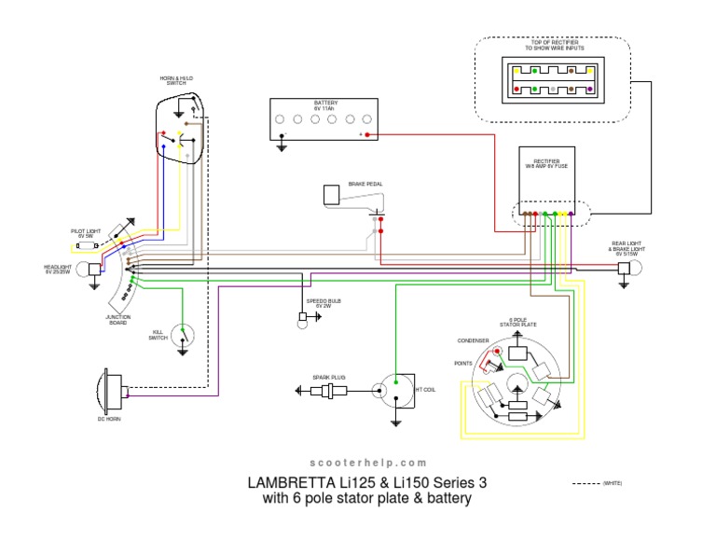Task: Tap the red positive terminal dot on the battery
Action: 367,135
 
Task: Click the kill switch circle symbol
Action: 184,333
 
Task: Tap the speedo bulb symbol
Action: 302,318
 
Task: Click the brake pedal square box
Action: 331,194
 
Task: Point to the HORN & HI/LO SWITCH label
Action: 176,80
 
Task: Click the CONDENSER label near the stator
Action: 473,340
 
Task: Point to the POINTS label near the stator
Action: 462,363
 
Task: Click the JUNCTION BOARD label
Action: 118,318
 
